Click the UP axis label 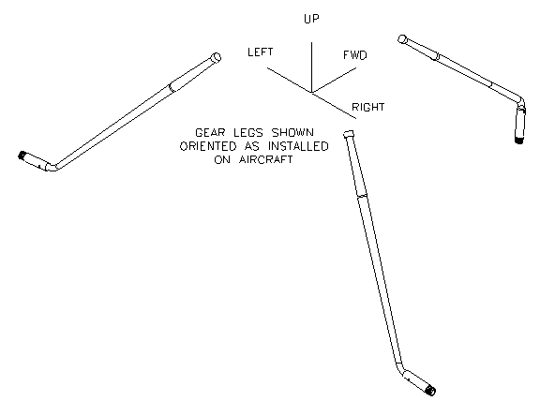coord(311,19)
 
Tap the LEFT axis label coord(261,52)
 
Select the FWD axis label coord(355,55)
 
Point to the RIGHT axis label coord(368,107)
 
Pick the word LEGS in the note coord(248,133)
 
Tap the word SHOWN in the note coord(292,133)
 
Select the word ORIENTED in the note coord(208,146)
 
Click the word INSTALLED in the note coord(298,146)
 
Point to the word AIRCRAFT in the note coord(266,159)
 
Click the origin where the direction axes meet coord(311,93)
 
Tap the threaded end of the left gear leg coord(22,156)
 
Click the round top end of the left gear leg coord(216,57)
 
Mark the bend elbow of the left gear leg coord(52,167)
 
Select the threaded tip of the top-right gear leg coord(519,140)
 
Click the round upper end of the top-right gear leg coord(402,39)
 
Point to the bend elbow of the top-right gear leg coord(520,101)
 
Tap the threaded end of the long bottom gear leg coord(431,391)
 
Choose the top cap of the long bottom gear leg coord(349,134)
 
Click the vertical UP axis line coord(311,67)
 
